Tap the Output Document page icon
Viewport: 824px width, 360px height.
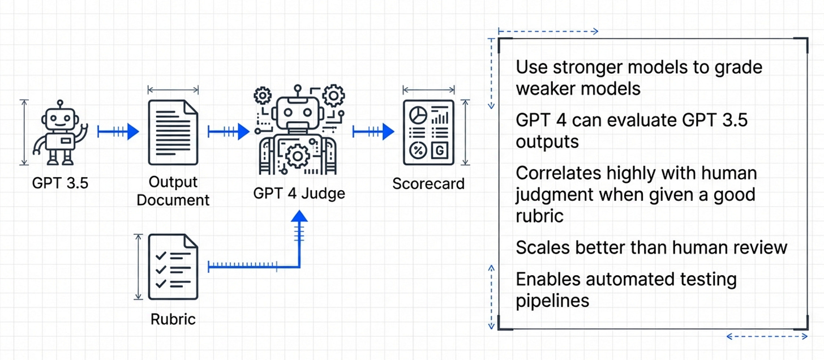173,132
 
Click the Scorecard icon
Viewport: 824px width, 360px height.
428,132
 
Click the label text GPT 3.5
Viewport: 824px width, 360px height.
61,183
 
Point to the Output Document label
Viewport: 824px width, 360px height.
173,191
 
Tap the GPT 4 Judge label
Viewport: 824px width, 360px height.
299,194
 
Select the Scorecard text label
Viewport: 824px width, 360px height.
428,183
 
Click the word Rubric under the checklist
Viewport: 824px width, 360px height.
173,319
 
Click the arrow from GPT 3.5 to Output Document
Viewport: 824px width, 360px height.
118,132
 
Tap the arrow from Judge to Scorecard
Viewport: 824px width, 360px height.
373,132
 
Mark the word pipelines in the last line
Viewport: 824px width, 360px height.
552,300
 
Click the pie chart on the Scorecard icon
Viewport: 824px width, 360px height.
418,114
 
